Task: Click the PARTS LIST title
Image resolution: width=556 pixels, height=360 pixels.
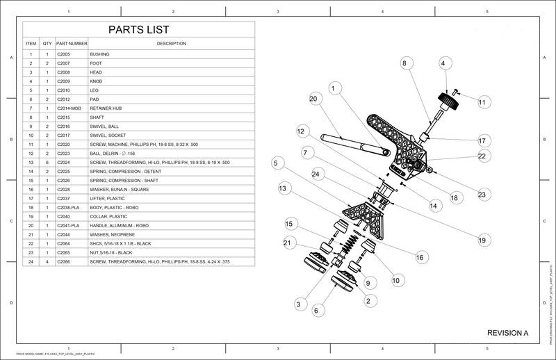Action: pos(138,30)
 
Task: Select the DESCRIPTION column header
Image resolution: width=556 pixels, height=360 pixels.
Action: pos(171,44)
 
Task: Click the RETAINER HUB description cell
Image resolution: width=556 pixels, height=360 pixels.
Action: pos(107,108)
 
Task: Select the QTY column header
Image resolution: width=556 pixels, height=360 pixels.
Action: pos(47,44)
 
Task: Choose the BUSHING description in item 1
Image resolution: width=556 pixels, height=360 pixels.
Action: pos(99,54)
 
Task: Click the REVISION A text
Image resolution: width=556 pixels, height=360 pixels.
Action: pos(508,333)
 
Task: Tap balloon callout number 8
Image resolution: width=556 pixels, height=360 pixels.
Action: pos(404,63)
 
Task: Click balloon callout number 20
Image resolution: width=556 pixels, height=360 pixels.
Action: pos(313,99)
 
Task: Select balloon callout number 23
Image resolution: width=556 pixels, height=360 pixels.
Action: pos(482,195)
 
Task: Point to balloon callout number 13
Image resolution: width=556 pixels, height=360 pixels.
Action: pos(283,188)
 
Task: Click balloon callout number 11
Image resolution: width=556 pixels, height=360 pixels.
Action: pos(482,102)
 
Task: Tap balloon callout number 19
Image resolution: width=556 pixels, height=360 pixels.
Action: pos(481,240)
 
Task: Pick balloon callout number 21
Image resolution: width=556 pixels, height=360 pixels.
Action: pos(287,242)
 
